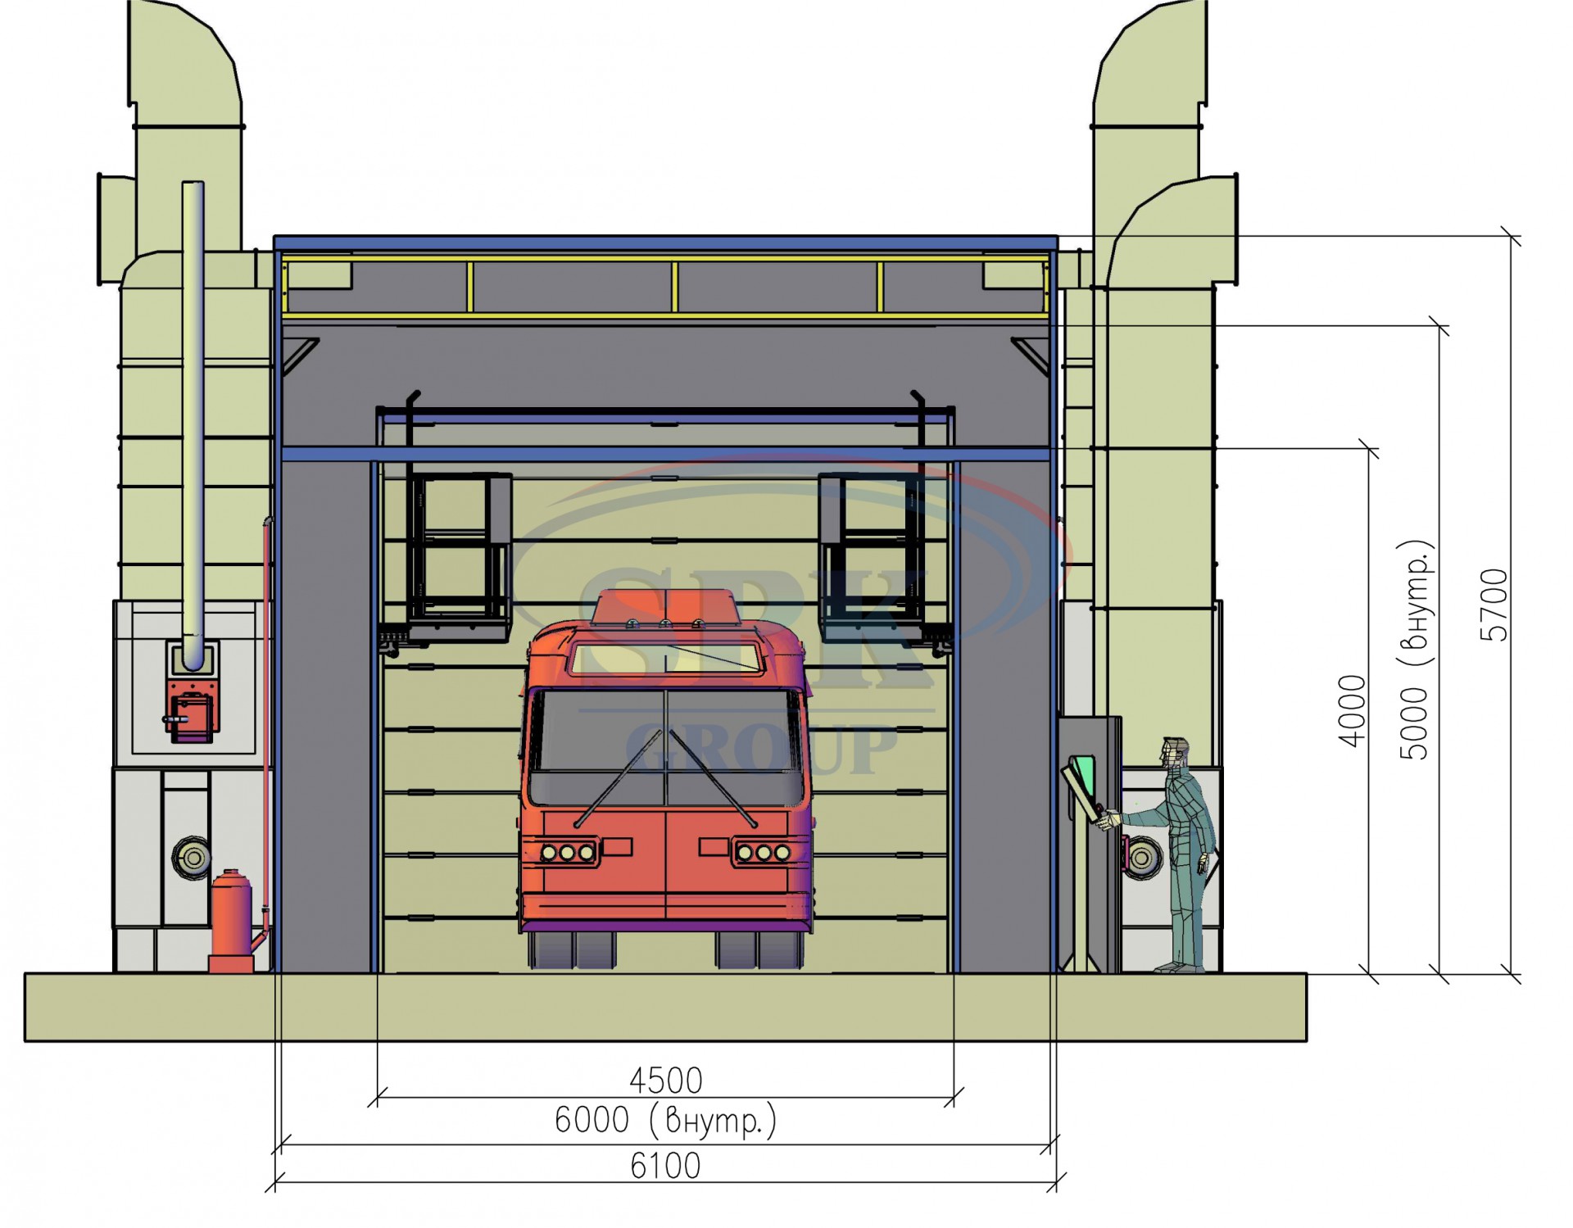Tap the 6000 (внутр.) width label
click(665, 1121)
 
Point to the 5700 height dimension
click(1495, 605)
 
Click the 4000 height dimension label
click(1352, 710)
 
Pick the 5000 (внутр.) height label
click(1415, 650)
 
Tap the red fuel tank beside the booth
click(232, 922)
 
